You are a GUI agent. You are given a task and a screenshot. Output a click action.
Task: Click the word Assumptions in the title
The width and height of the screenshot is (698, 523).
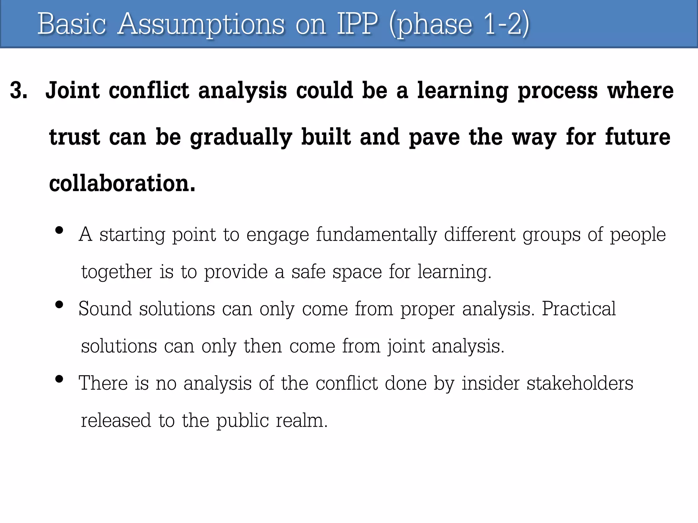201,25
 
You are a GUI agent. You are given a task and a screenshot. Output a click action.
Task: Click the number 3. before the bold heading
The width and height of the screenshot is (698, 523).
19,91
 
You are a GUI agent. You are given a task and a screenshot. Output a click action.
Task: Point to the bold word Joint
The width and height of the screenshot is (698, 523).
73,91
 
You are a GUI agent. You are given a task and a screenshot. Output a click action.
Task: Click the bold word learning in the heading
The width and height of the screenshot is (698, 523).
463,91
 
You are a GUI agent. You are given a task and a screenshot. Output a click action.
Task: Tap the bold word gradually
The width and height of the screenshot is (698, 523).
241,138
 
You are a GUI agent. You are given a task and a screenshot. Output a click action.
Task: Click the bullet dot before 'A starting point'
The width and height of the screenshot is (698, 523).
59,231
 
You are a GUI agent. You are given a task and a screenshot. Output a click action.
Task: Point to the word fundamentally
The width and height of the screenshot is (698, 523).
376,235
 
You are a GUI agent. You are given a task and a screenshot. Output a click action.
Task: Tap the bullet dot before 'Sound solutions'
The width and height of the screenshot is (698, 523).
59,304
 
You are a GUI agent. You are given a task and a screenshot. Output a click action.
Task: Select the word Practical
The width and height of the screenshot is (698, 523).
579,309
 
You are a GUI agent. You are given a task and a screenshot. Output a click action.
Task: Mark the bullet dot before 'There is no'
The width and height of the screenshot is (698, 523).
59,379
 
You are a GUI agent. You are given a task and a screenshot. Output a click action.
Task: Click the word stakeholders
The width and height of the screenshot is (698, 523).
580,383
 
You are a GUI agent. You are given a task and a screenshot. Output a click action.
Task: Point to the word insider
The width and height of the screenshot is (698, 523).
490,383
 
